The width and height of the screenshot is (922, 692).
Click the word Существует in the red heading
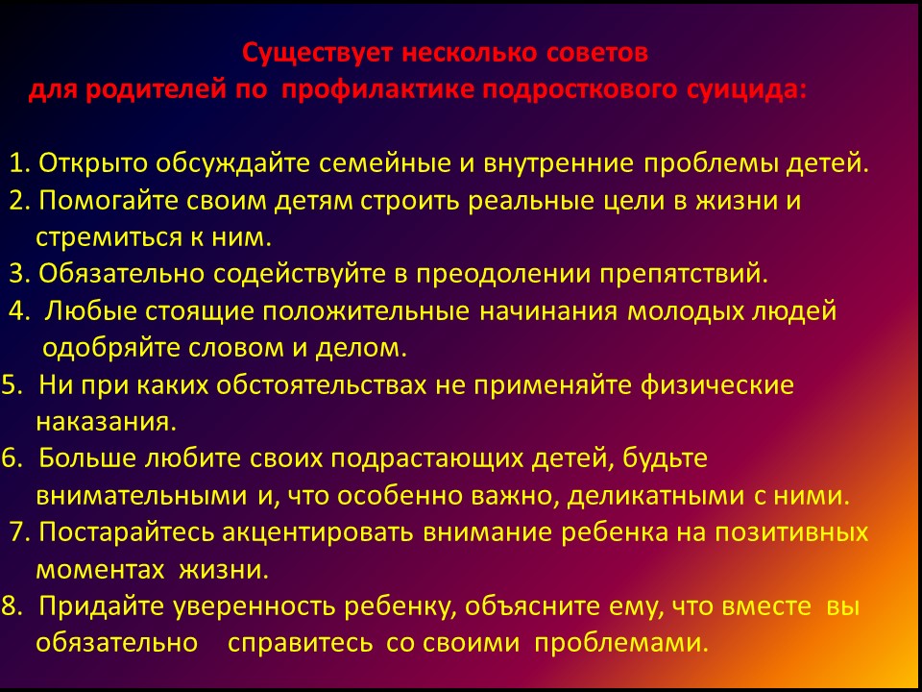[318, 54]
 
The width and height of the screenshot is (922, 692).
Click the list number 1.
[20, 163]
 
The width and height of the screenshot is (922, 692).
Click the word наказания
[107, 422]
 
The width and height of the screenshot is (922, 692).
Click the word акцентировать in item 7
[318, 532]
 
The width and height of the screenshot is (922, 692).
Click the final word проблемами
[621, 642]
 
